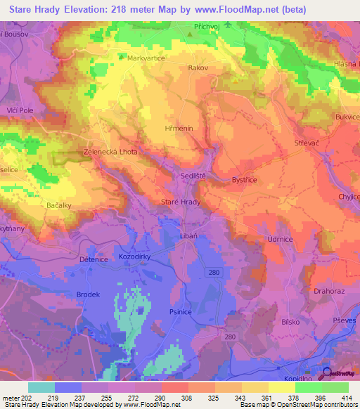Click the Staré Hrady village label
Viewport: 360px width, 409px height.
(x=181, y=202)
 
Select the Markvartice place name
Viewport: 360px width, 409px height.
(x=146, y=58)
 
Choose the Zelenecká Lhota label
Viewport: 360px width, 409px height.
(x=110, y=151)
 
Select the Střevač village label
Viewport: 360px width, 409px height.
(x=308, y=143)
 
